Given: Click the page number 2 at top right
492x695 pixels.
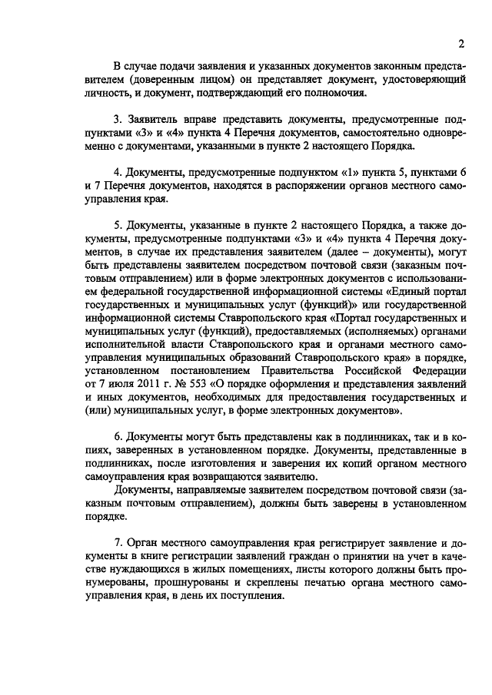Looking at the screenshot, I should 460,42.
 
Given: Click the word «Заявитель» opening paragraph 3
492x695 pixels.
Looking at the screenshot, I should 151,120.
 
